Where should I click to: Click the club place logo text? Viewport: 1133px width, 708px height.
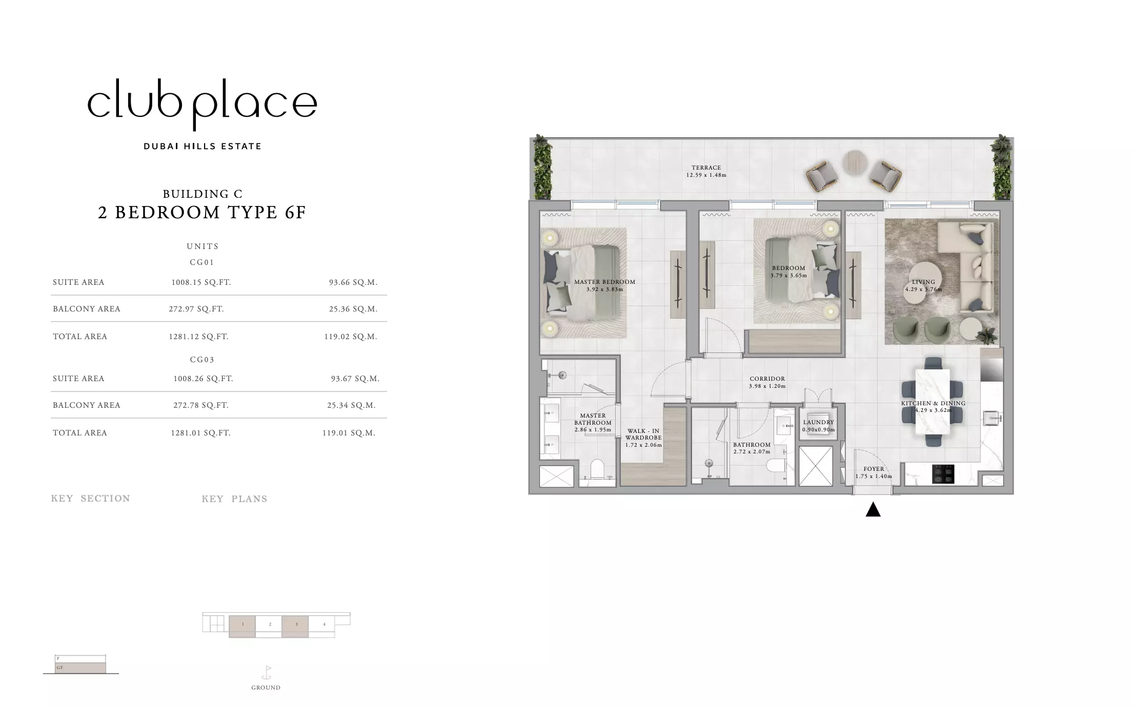(x=202, y=105)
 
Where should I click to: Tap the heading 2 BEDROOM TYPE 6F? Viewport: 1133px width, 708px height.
(x=202, y=212)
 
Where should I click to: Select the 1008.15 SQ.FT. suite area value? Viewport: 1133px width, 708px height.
(x=201, y=282)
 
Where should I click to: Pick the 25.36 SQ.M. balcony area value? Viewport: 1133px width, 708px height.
(x=353, y=309)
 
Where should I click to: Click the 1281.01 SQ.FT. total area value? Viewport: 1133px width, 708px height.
(x=200, y=433)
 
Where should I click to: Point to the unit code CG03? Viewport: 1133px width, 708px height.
(x=202, y=360)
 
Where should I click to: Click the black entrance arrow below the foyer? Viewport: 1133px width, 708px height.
(x=873, y=510)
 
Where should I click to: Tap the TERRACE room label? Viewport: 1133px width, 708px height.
(x=706, y=168)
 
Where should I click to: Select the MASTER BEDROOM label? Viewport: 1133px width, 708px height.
(x=604, y=282)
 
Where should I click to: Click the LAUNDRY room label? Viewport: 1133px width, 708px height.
(x=818, y=422)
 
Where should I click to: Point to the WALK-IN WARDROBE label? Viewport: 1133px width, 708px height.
(x=643, y=434)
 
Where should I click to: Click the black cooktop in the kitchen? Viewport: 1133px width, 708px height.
(x=943, y=474)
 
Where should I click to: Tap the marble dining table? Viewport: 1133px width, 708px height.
(x=933, y=402)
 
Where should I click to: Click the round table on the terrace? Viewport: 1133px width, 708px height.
(x=855, y=163)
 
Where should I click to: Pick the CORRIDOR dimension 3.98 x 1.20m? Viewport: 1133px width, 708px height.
(x=767, y=386)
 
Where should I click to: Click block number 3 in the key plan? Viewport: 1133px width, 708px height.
(x=295, y=626)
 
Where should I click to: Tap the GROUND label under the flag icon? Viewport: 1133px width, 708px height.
(x=266, y=688)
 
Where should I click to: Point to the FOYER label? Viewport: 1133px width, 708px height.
(x=874, y=469)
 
